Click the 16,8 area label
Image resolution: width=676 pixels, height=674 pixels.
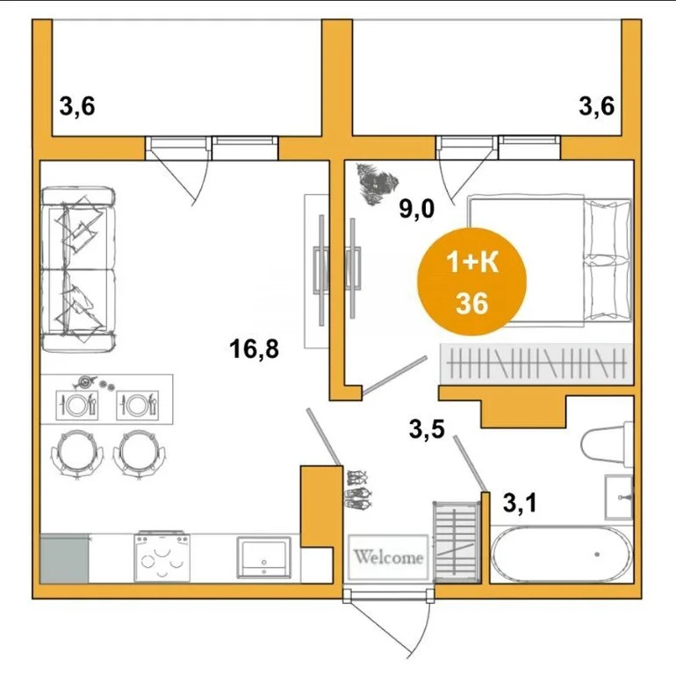coord(255,349)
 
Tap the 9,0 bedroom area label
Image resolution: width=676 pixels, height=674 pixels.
coord(417,211)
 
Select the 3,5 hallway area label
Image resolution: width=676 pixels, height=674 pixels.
coord(427,429)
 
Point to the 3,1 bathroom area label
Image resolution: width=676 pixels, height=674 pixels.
coord(520,503)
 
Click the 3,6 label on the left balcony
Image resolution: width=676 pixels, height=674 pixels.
coord(77,106)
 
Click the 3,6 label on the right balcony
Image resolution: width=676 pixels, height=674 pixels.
coord(597,106)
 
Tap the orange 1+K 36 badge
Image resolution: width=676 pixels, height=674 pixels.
coord(472,283)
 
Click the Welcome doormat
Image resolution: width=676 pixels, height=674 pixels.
coord(388,557)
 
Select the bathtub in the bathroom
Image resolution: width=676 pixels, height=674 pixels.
coord(562,554)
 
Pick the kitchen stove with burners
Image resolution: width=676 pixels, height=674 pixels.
coord(162,556)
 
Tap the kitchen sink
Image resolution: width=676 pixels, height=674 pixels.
coord(263,557)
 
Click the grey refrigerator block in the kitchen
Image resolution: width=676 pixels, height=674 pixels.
coord(64,558)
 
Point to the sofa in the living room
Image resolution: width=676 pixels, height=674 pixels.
coord(78,268)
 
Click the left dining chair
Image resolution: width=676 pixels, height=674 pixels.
coord(77,454)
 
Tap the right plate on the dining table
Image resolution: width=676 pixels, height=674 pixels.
coord(137,405)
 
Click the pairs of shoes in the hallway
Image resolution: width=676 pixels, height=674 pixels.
coord(358,490)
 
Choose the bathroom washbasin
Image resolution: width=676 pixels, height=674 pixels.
coord(619,497)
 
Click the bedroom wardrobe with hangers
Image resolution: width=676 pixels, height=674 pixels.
coord(536,363)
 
